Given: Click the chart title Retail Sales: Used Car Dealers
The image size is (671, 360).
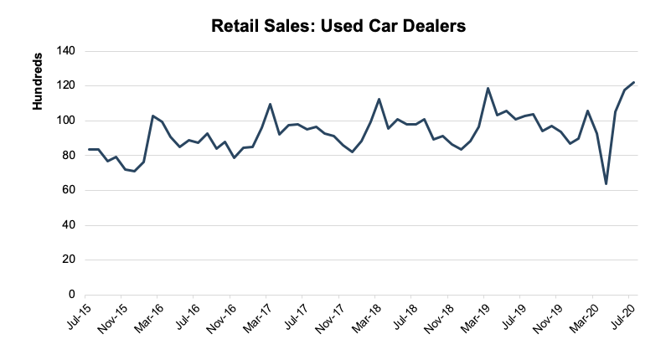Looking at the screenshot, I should pos(338,26).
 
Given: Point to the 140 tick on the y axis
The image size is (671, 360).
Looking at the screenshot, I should pos(66,51).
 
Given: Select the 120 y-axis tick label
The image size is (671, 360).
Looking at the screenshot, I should pos(66,85).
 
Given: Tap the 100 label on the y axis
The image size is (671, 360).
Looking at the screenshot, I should pos(66,121).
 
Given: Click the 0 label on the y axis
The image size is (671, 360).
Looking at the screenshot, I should pos(72,295).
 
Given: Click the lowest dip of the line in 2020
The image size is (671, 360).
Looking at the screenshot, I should pos(606,184).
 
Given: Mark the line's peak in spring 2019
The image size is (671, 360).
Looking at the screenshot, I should pos(488,88).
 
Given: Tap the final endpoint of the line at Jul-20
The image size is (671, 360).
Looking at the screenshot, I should pos(633,82).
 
